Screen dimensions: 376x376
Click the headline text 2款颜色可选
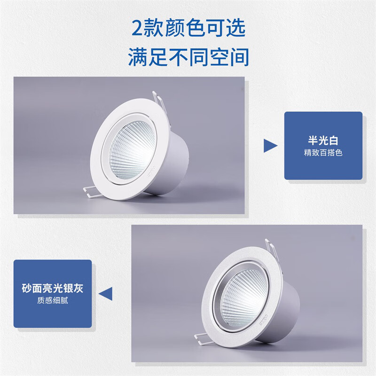pos(188,30)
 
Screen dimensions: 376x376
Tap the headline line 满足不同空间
pos(188,57)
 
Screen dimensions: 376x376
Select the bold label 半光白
pos(323,140)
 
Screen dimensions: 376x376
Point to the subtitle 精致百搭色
pos(323,153)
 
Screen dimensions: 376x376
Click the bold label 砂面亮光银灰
pos(53,288)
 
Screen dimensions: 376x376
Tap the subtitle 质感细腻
pos(53,301)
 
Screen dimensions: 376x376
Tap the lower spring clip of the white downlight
pos(89,190)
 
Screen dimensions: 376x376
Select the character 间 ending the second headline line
pos(239,57)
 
